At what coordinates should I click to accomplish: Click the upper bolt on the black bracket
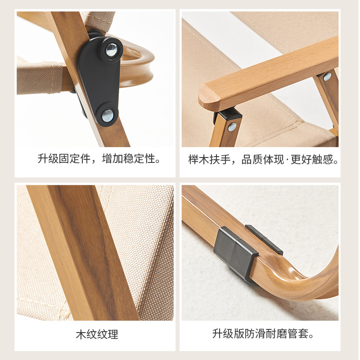point(112,49)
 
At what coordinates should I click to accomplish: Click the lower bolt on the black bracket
point(107,115)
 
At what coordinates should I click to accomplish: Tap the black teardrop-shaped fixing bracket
point(99,80)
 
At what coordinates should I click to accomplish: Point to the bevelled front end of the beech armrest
point(208,98)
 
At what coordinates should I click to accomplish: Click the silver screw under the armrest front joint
point(232,127)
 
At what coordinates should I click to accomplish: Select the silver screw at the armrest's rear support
point(327,76)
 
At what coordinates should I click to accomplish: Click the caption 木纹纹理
point(97,334)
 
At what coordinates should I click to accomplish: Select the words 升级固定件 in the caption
point(64,159)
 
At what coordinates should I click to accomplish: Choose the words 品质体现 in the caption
point(263,159)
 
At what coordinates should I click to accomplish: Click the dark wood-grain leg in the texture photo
point(83,252)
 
